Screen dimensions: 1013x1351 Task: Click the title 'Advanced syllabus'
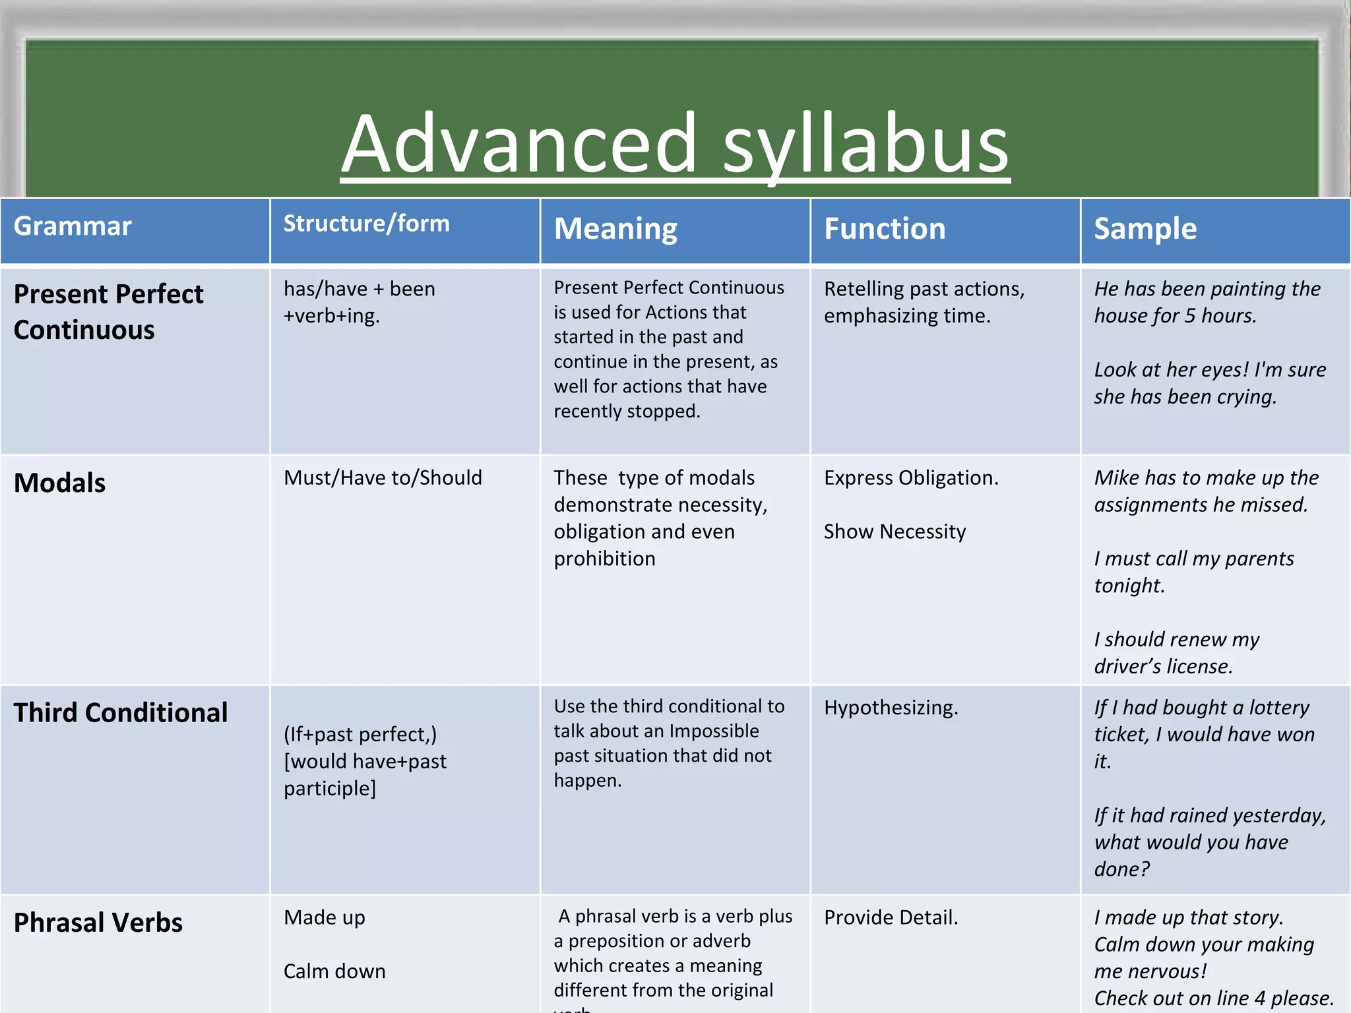point(675,144)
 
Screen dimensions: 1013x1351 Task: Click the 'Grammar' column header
point(73,226)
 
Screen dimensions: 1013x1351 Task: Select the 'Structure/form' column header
point(366,224)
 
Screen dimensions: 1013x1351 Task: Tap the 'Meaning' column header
point(615,229)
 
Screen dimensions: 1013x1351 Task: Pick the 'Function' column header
point(885,229)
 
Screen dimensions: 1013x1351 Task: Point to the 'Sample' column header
point(1145,229)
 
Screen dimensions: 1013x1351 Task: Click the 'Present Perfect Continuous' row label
point(109,311)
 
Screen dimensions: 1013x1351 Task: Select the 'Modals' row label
point(59,483)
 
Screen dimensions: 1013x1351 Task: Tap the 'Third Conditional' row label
point(121,712)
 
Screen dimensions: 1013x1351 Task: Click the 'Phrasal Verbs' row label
point(98,923)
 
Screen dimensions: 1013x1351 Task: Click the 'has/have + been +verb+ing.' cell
point(360,302)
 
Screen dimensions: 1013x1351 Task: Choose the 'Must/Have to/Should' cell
point(383,477)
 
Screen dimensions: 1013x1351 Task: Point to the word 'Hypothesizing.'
point(891,708)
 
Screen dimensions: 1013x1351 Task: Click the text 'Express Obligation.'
point(911,477)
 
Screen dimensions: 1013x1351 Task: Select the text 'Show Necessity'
point(895,532)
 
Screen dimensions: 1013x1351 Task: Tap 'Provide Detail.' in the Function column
point(891,917)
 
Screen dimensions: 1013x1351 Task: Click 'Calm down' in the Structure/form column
point(334,971)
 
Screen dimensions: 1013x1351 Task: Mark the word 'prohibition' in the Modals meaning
point(604,559)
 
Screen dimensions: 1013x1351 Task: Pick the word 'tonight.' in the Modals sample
point(1129,586)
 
